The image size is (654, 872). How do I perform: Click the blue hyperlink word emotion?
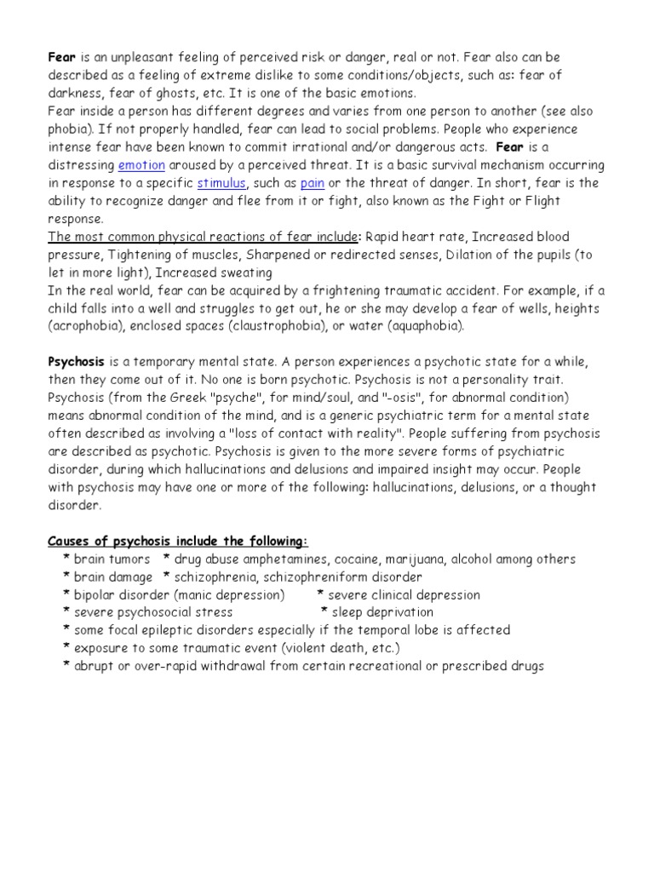coord(141,165)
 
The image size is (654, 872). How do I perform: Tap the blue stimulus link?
coord(221,183)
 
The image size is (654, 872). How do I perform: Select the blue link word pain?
coord(313,183)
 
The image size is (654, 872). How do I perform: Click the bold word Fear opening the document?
coord(61,57)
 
